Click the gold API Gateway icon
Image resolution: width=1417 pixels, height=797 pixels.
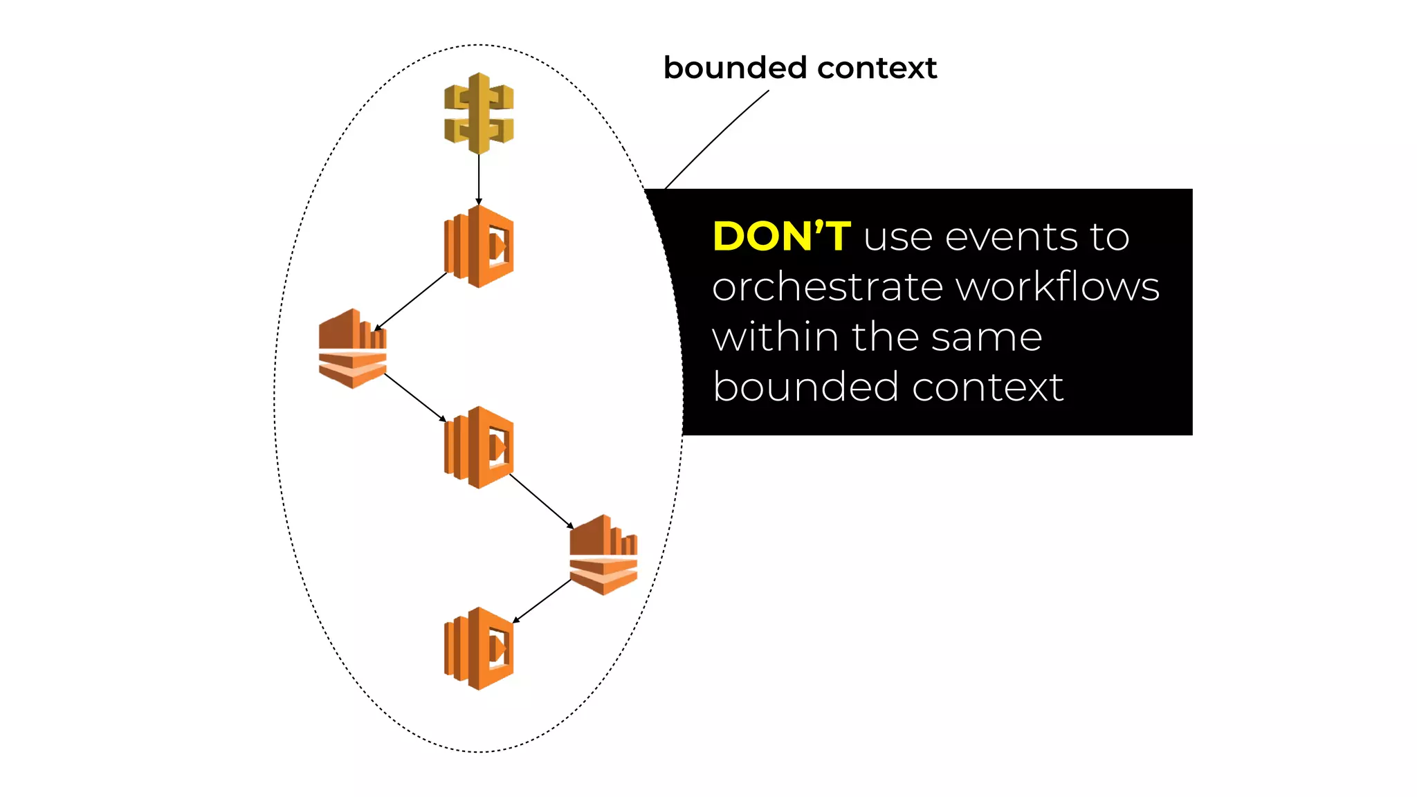tap(479, 113)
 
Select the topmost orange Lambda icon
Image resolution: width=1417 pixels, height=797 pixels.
tap(479, 246)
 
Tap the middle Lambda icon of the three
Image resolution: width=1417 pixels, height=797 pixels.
tap(479, 448)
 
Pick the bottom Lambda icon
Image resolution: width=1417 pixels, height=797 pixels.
tap(479, 648)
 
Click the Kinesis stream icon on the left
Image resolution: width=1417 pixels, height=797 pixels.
tap(352, 349)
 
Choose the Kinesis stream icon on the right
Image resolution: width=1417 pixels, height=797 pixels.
tap(603, 554)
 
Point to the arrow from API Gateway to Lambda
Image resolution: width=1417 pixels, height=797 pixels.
tap(479, 178)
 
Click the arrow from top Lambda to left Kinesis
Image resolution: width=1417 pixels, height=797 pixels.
tap(411, 301)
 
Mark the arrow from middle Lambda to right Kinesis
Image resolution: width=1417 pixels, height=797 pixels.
tap(541, 501)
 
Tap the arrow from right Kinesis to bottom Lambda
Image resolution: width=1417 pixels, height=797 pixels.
tap(542, 601)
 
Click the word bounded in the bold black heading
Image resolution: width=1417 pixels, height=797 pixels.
tap(735, 68)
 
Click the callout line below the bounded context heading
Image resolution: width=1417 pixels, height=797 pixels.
tap(716, 138)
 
